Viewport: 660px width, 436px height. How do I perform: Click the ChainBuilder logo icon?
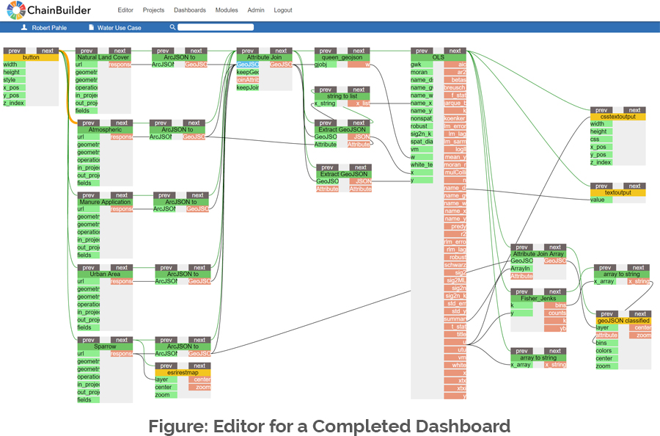15,10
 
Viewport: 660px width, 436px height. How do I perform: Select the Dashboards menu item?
190,10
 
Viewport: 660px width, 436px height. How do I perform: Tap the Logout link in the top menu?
283,10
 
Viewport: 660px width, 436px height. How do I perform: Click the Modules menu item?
227,10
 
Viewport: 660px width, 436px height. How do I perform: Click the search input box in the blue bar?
216,27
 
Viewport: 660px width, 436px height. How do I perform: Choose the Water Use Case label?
119,27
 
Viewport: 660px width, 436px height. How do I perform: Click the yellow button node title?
31,57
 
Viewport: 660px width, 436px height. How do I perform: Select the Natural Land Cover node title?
103,57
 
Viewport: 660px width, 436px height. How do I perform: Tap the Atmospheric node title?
105,129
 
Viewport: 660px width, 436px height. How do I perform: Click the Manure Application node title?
106,202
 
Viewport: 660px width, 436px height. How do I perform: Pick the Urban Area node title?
106,274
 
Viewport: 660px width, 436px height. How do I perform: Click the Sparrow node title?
106,346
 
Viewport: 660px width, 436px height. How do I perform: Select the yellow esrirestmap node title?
183,372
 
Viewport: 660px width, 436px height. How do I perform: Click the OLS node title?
438,57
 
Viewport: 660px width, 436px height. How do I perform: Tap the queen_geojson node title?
342,57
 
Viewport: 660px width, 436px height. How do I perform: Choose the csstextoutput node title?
617,116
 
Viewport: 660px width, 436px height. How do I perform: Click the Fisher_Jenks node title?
538,299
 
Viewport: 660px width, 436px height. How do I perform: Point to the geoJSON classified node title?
623,320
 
